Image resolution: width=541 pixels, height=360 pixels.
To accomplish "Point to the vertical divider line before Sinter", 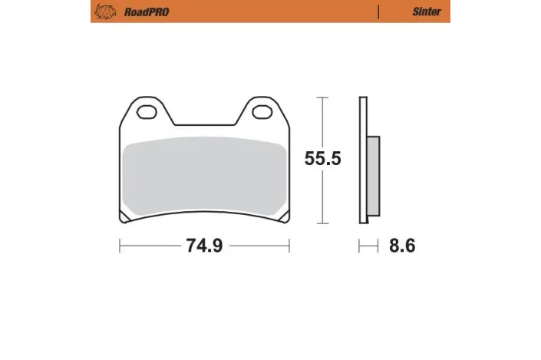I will [379, 12].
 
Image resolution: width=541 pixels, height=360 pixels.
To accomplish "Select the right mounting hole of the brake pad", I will [262, 114].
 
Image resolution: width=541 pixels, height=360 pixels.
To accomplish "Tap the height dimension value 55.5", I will [322, 160].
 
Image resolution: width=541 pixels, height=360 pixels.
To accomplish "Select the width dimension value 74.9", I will [203, 246].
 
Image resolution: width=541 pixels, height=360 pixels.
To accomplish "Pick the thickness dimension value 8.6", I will [402, 246].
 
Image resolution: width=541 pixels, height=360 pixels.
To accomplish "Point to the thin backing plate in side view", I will [362, 161].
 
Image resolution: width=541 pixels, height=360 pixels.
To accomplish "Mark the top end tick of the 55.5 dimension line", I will [322, 98].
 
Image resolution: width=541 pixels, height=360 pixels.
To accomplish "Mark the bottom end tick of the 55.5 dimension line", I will [322, 223].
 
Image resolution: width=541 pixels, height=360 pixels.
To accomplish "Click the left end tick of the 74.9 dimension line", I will [120, 246].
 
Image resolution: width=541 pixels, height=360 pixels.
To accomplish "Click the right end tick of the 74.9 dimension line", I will [289, 246].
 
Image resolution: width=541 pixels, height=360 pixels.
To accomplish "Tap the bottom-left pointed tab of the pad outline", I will [123, 220].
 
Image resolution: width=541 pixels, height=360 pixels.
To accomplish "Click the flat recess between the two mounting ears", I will [203, 125].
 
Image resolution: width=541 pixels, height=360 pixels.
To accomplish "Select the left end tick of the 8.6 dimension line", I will [359, 246].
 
